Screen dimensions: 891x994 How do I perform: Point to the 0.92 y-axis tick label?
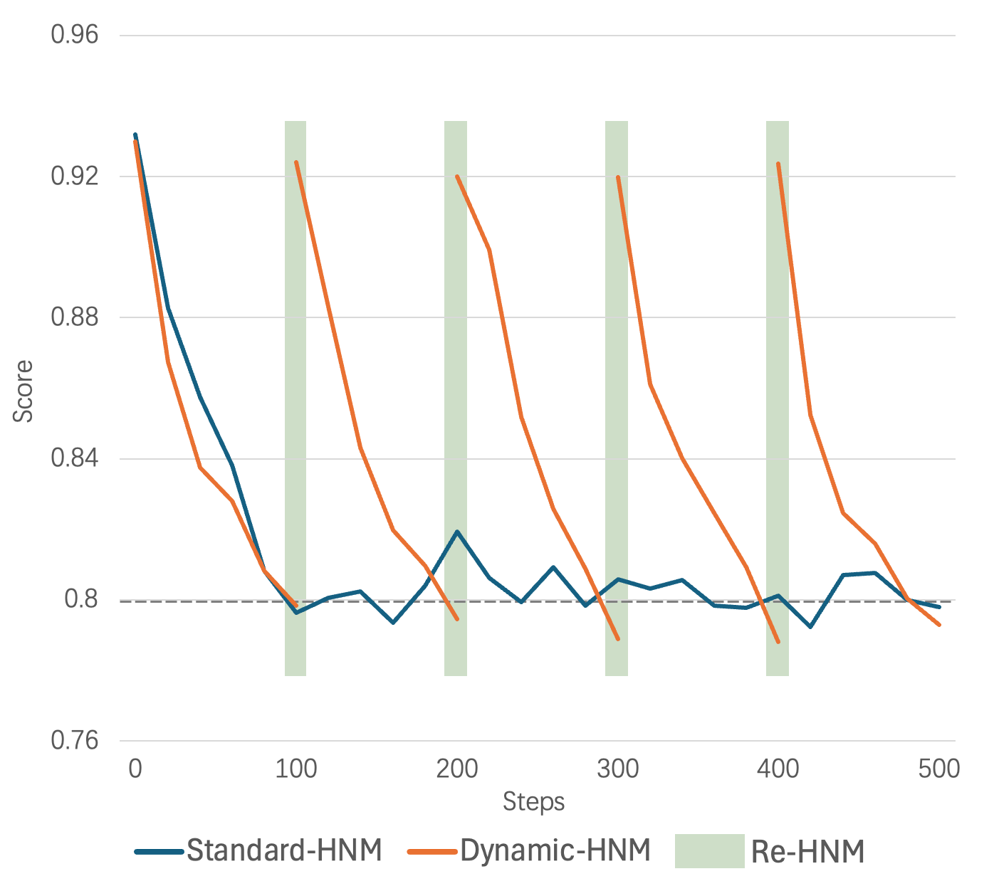tap(74, 176)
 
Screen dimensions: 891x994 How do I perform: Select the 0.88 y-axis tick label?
tap(74, 317)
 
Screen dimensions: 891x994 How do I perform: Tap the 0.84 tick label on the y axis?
tap(74, 458)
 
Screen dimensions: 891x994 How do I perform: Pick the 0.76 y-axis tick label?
tap(74, 741)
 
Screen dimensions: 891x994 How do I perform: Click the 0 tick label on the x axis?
tap(135, 769)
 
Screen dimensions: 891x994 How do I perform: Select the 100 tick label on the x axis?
tap(295, 769)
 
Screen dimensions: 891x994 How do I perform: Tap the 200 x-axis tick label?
tap(456, 769)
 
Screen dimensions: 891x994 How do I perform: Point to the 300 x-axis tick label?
tap(617, 769)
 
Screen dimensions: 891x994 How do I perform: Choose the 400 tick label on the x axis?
tap(778, 769)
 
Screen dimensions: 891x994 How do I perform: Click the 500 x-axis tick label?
tap(939, 769)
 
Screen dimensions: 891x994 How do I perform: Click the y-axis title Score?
tap(23, 391)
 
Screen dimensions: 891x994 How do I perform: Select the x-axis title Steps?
tap(533, 802)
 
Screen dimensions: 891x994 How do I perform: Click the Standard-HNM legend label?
tap(284, 850)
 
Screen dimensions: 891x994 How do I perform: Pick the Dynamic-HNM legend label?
tap(555, 850)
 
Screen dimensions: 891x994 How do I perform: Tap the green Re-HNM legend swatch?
tap(709, 851)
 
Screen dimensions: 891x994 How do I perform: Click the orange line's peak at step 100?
tap(296, 162)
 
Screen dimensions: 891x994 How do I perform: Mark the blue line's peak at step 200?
tap(456, 532)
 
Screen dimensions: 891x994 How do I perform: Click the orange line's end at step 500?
tap(940, 625)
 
